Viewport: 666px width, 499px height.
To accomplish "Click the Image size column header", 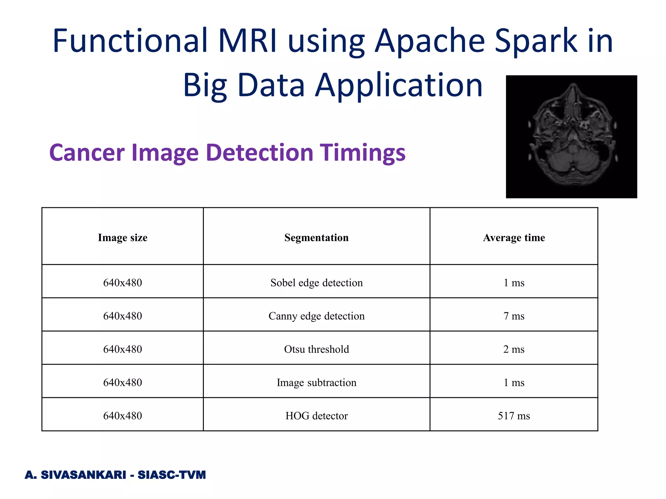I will click(123, 237).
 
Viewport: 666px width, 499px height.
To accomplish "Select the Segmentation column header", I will click(316, 237).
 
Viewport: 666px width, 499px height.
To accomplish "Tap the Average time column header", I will click(514, 237).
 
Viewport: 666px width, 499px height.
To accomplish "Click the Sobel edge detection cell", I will click(316, 283).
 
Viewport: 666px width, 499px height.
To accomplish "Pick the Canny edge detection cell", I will click(316, 316).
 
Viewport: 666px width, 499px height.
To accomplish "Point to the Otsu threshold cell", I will click(316, 349).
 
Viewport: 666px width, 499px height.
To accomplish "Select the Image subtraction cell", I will click(316, 382).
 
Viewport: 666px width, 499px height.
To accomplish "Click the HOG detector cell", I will click(316, 416).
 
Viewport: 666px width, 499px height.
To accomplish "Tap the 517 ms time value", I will click(514, 416).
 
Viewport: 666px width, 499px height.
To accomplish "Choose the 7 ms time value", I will click(514, 316).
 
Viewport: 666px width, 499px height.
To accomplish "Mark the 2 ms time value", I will click(514, 349).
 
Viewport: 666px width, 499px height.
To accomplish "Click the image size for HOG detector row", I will click(123, 416).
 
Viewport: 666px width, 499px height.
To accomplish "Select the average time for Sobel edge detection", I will click(514, 283).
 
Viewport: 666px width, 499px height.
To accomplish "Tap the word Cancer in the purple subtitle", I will click(87, 153).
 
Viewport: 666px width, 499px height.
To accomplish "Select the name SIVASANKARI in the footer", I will click(83, 475).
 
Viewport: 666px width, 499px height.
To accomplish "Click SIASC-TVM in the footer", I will click(172, 475).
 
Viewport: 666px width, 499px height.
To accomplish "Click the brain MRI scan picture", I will click(571, 136).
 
